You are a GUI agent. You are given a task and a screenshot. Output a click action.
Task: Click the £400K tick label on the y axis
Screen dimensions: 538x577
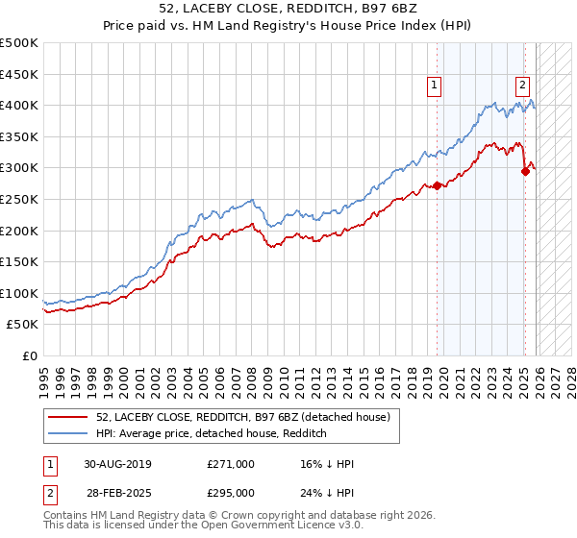coord(19,106)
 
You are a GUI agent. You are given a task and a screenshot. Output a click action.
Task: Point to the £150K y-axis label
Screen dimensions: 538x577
coord(19,261)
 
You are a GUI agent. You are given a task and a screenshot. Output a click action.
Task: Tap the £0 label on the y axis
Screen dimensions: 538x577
coord(29,355)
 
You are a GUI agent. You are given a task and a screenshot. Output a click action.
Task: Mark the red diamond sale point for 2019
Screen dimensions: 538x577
coord(437,185)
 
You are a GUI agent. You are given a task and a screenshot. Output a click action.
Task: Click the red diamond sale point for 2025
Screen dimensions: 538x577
coord(525,171)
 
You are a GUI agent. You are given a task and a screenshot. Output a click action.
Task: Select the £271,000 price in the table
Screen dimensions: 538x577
coord(231,464)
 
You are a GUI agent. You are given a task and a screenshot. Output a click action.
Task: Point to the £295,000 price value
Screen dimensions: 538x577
coord(231,493)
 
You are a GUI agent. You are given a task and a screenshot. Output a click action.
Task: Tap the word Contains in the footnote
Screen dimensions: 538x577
coord(66,517)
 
